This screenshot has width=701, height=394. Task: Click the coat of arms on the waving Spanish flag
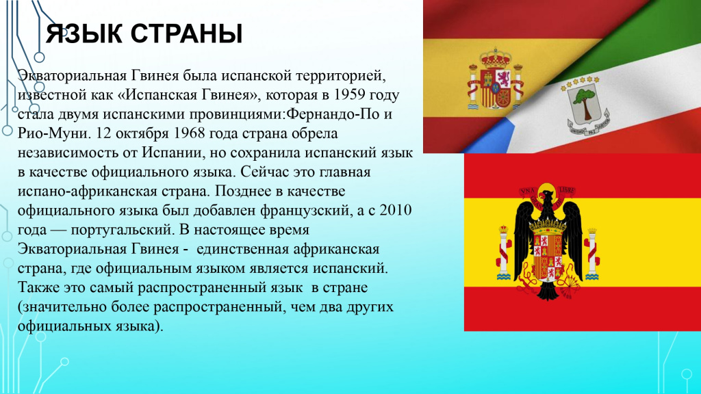click(x=490, y=81)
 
